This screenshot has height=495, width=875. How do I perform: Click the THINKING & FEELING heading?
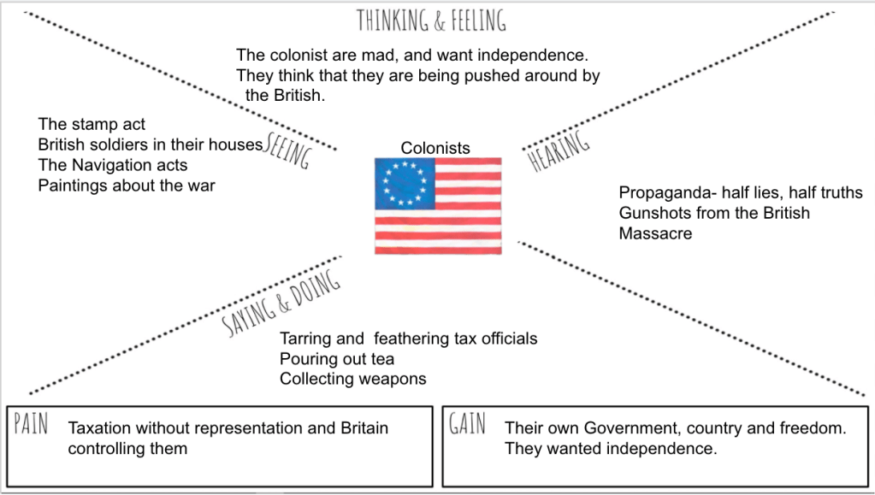[x=431, y=20]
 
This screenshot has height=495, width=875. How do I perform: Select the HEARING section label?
[x=560, y=151]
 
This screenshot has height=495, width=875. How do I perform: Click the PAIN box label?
[x=32, y=425]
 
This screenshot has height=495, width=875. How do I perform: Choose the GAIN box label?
[x=468, y=425]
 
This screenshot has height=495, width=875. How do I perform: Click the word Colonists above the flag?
[x=435, y=148]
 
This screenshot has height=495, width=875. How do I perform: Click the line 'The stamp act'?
[x=92, y=125]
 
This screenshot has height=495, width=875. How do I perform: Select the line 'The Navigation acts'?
[x=112, y=165]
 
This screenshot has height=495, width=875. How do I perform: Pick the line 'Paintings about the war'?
[x=127, y=185]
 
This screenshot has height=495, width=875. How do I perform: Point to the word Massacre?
[x=655, y=233]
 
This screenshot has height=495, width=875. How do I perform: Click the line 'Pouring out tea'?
[x=337, y=359]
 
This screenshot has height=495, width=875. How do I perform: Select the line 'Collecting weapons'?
[x=352, y=379]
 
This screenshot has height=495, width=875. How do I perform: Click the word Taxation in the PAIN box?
[x=100, y=428]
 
